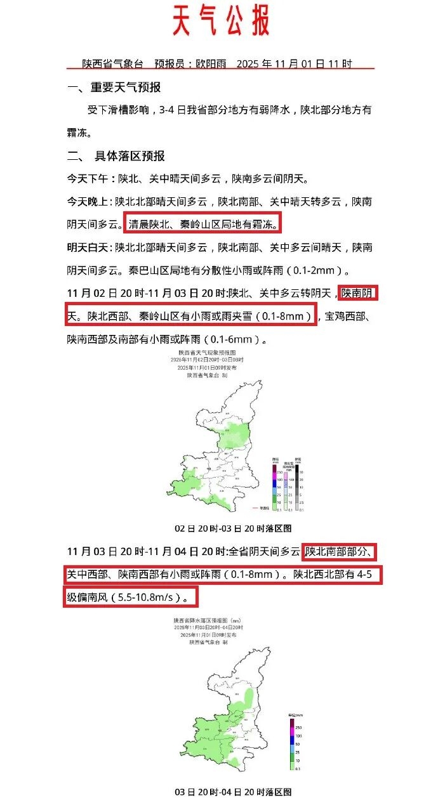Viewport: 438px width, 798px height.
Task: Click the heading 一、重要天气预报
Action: coord(114,88)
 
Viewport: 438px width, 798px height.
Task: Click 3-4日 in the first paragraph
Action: coord(169,110)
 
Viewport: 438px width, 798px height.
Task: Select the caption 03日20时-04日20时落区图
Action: coord(233,792)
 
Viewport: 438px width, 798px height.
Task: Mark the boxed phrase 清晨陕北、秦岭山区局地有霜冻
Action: coord(203,225)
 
